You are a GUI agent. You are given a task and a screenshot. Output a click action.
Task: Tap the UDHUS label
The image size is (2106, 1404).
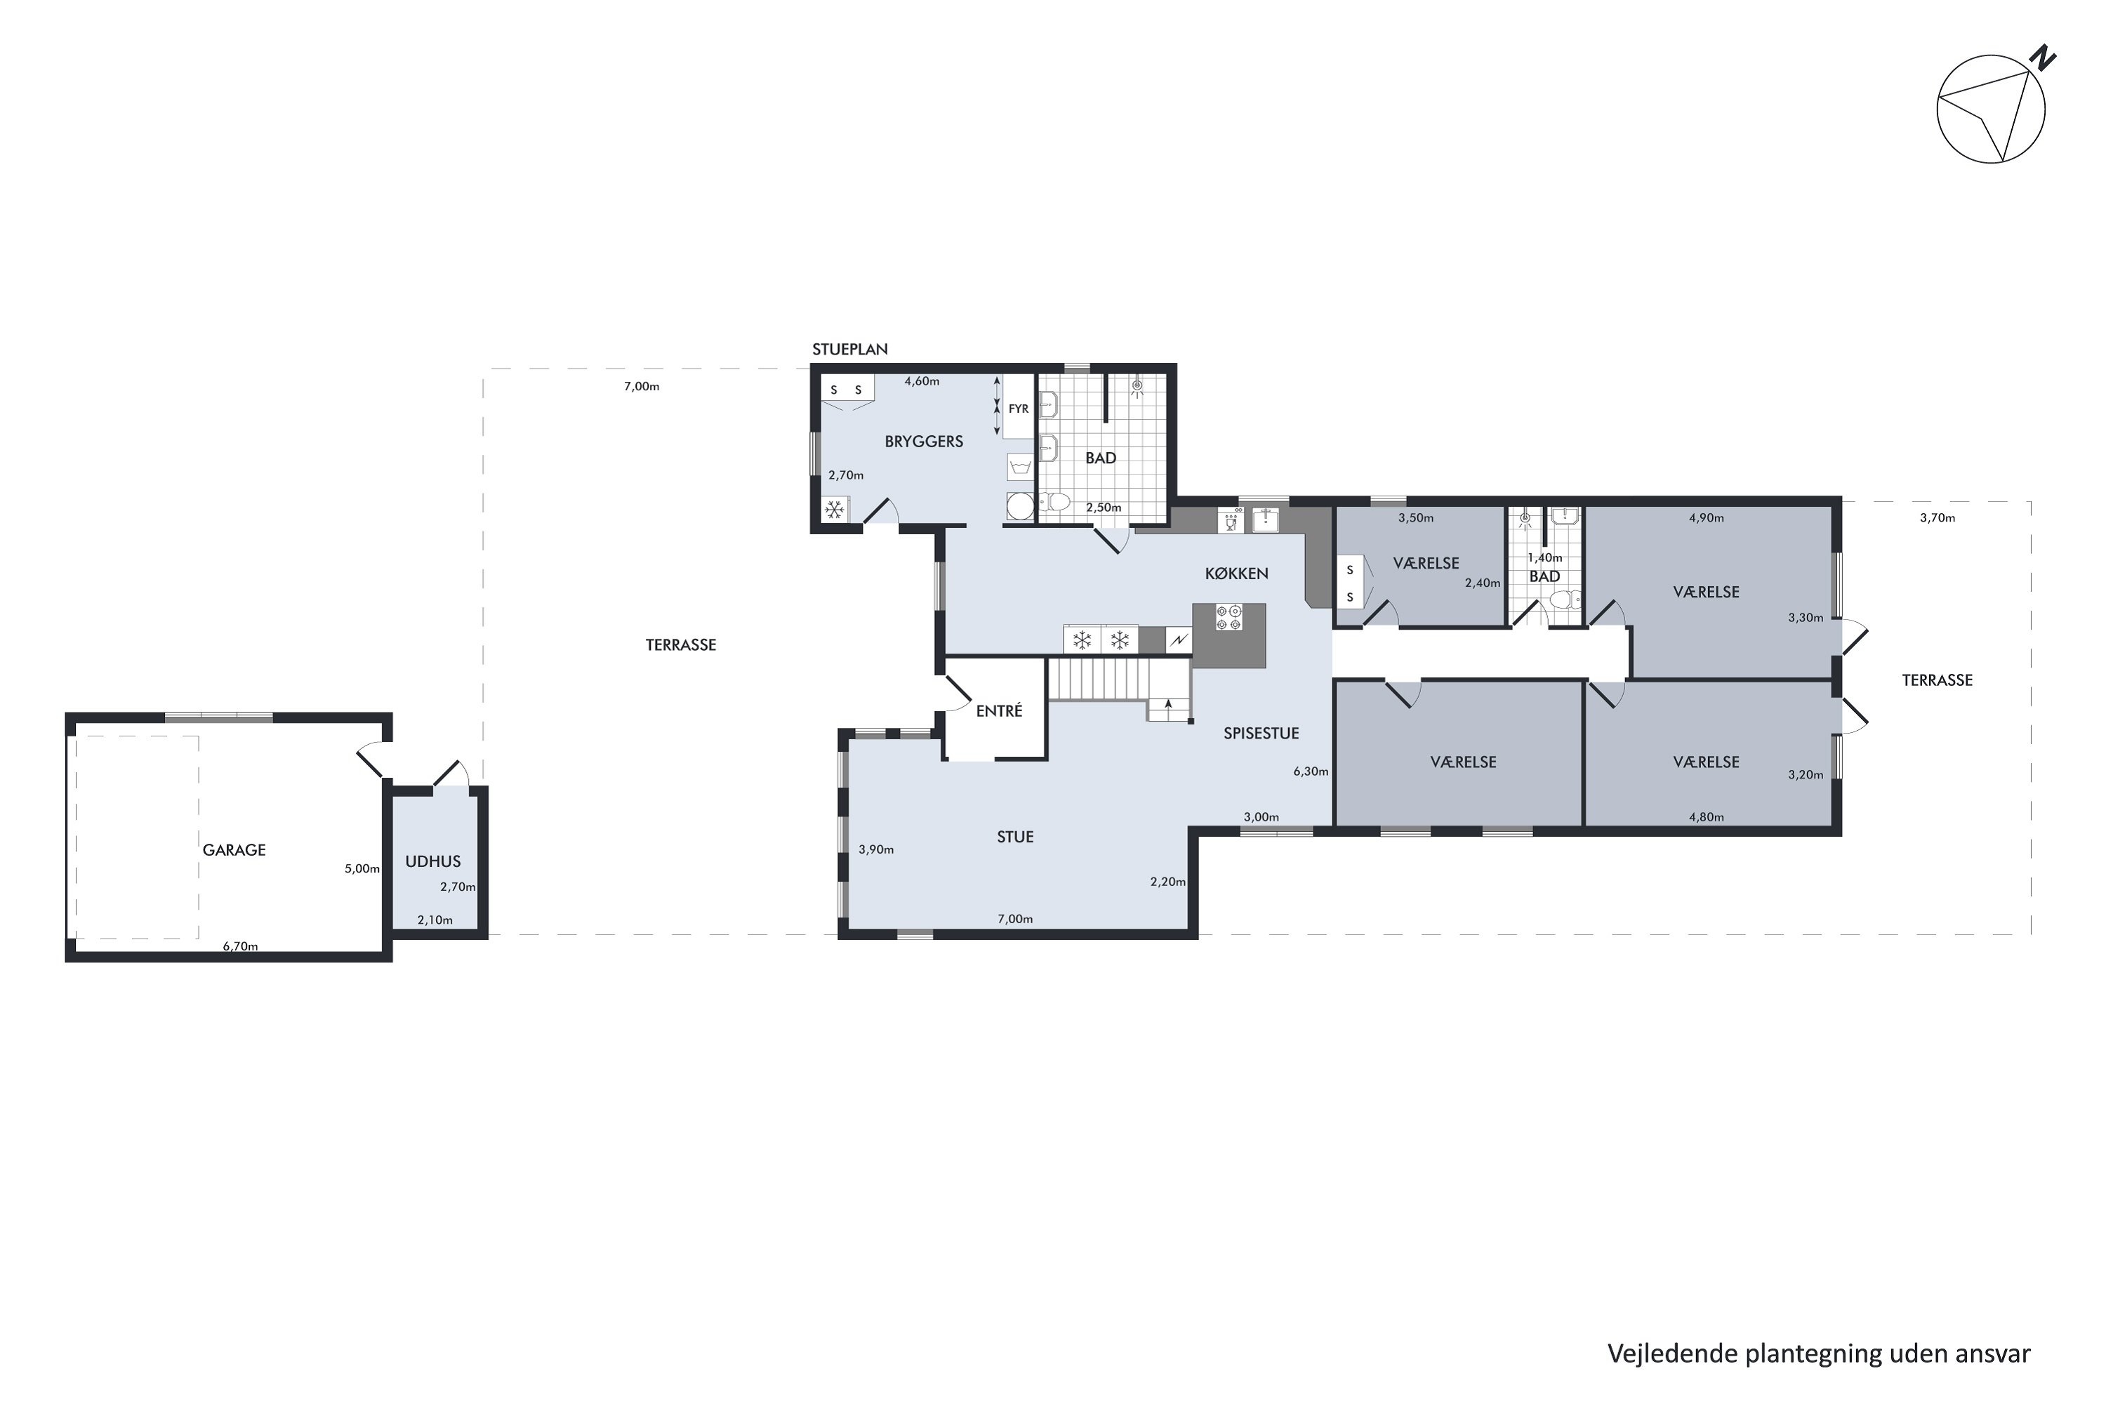coord(432,861)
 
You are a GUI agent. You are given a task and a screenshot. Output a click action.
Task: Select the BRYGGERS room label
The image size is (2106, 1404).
coord(924,442)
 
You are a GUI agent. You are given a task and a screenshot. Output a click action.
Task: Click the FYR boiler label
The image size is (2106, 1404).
coord(1019,409)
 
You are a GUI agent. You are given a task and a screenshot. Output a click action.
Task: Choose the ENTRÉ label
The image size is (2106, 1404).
coord(999,711)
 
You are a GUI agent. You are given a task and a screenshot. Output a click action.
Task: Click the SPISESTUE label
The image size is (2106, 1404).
coord(1261,734)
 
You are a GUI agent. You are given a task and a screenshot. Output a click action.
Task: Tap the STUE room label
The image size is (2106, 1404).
coord(1015,837)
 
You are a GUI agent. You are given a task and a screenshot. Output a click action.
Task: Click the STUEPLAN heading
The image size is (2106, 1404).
coord(849,349)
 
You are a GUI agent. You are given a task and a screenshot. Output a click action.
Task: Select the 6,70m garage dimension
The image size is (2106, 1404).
coord(240,946)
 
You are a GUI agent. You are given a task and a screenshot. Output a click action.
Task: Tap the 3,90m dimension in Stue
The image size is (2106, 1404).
coord(875,849)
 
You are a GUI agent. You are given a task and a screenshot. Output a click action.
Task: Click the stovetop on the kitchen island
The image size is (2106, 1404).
coord(1228,618)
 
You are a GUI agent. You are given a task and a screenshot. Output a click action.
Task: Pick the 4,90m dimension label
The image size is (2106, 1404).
coord(1706,517)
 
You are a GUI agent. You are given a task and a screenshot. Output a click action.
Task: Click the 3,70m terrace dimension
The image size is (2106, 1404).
coord(1937,517)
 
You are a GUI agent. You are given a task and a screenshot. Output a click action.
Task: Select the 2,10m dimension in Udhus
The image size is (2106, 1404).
coord(435,920)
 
